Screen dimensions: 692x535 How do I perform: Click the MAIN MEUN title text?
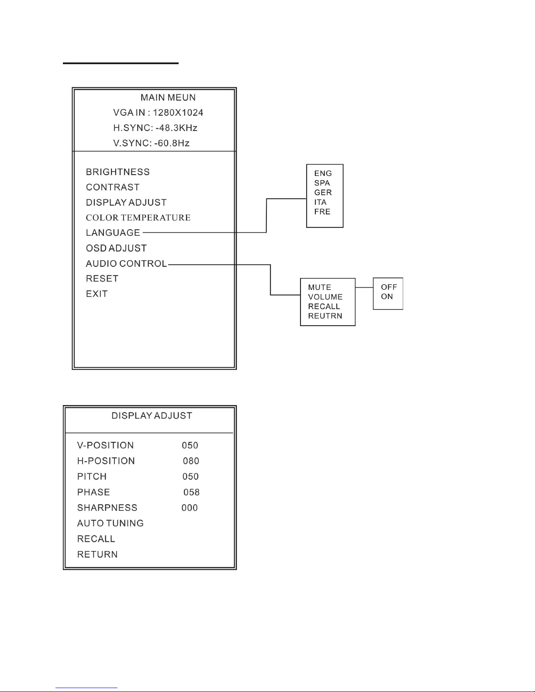point(168,97)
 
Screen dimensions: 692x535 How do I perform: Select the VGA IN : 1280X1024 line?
point(158,113)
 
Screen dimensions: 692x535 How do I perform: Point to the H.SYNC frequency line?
point(155,128)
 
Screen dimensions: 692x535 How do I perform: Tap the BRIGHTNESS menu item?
point(117,172)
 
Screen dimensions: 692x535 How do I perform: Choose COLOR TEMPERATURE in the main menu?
point(138,217)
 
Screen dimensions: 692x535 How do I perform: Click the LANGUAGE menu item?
point(113,233)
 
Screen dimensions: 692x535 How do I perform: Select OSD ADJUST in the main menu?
point(116,248)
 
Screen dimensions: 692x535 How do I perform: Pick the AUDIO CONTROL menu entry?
point(126,264)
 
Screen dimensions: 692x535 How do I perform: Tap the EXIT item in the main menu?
point(97,294)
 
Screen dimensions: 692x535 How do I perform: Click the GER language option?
point(323,193)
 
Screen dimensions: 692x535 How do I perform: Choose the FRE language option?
point(322,212)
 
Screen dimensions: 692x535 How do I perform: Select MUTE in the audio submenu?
point(319,287)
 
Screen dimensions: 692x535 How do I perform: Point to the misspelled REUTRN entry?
point(325,316)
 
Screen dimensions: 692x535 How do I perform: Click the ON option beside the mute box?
point(387,296)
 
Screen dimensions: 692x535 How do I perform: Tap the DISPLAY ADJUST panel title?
point(152,416)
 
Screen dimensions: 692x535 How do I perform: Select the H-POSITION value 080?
point(191,461)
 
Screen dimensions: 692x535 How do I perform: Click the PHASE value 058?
point(191,492)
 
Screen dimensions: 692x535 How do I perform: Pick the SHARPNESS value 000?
point(190,508)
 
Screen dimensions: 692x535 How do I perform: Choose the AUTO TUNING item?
point(110,523)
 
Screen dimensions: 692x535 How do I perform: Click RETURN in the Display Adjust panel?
point(97,554)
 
